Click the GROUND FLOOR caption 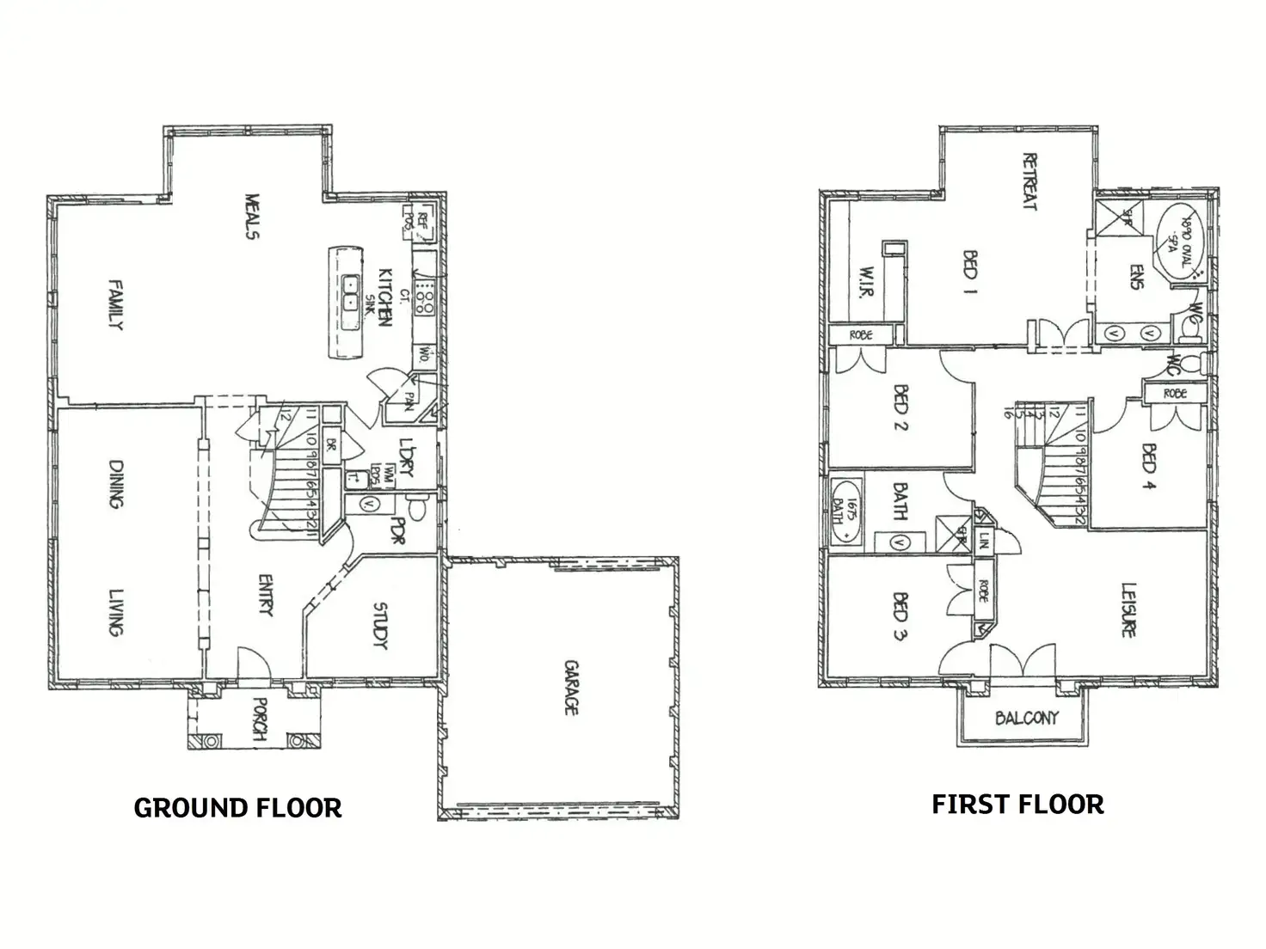pos(238,808)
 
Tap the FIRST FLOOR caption pos(1017,805)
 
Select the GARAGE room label pos(570,687)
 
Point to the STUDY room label pos(380,626)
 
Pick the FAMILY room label pos(115,304)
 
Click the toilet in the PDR pos(416,508)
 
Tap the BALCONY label pos(1026,718)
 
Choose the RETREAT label pos(1029,181)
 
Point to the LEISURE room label pos(1128,610)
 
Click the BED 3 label pos(900,617)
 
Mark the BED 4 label pos(1149,467)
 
